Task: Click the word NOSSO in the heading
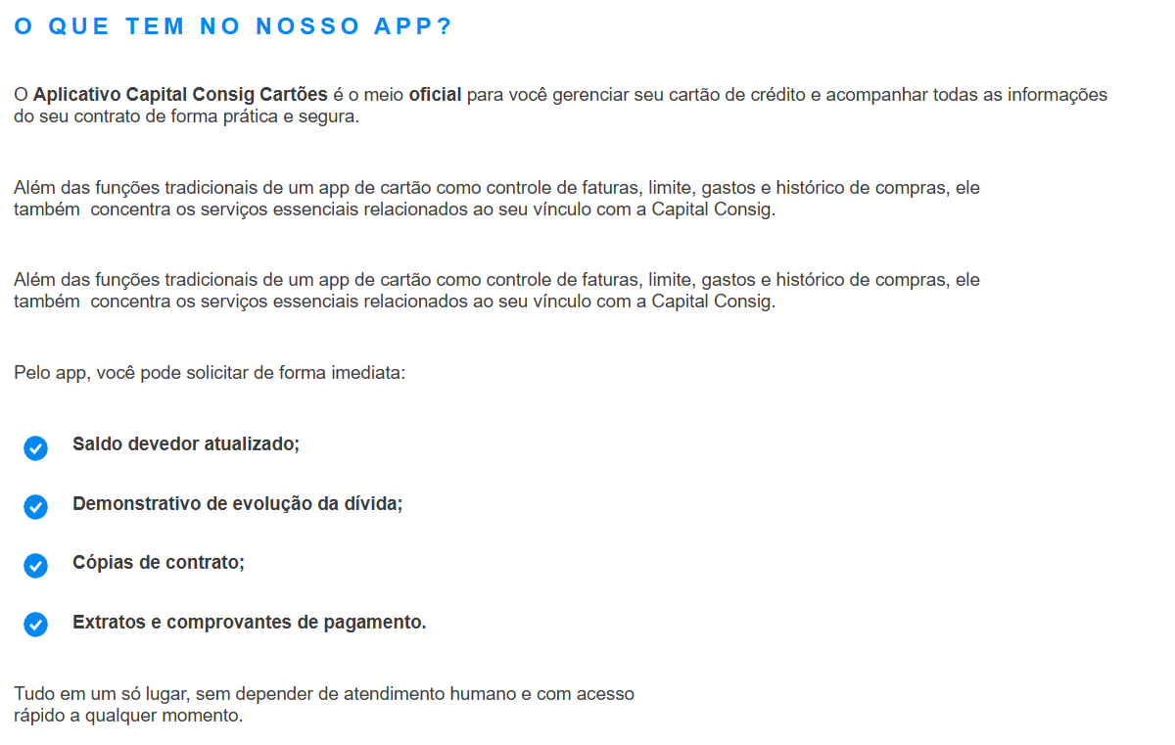coord(307,26)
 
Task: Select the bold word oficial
coord(435,95)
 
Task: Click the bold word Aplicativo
coord(77,95)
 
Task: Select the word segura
coord(334,117)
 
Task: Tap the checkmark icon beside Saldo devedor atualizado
coord(35,448)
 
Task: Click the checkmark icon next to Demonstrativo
coord(35,507)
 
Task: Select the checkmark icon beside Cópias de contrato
coord(35,566)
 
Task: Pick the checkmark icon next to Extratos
coord(35,625)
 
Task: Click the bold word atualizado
coord(252,443)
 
